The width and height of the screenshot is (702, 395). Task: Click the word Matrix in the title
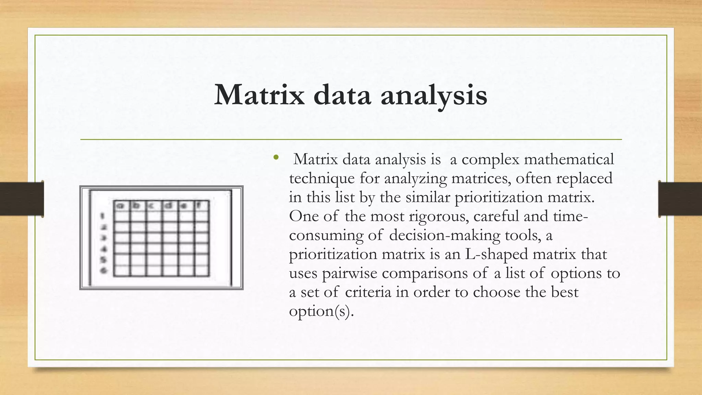coord(259,95)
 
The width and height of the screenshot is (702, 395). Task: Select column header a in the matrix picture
coord(121,206)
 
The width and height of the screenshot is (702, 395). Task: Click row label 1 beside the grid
coord(102,216)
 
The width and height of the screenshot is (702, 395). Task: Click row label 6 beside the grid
coord(103,271)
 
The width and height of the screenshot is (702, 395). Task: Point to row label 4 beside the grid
coord(103,249)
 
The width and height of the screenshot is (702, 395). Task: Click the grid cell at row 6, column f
coord(202,271)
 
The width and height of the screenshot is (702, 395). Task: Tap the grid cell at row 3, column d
coord(170,238)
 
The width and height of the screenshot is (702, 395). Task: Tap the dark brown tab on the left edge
coord(22,199)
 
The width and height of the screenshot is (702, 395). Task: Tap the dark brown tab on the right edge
coord(680,199)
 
